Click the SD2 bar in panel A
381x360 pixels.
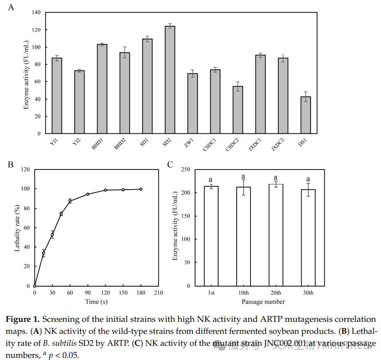pyautogui.click(x=170, y=80)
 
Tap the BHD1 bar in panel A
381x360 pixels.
pyautogui.click(x=102, y=89)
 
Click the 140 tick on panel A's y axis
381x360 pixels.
pyautogui.click(x=36, y=12)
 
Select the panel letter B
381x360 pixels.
pyautogui.click(x=11, y=164)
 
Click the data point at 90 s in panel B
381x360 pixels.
pyautogui.click(x=88, y=194)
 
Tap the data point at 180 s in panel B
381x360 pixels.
pyautogui.click(x=141, y=189)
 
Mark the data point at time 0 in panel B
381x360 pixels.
pyautogui.click(x=35, y=286)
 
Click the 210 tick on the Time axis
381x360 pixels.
pyautogui.click(x=158, y=293)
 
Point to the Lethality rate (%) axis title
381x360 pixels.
pyautogui.click(x=18, y=227)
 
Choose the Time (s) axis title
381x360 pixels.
pyautogui.click(x=96, y=302)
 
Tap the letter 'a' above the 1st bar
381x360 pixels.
pyautogui.click(x=211, y=180)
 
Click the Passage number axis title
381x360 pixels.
pyautogui.click(x=263, y=302)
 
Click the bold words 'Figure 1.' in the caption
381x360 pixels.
pyautogui.click(x=22, y=320)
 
